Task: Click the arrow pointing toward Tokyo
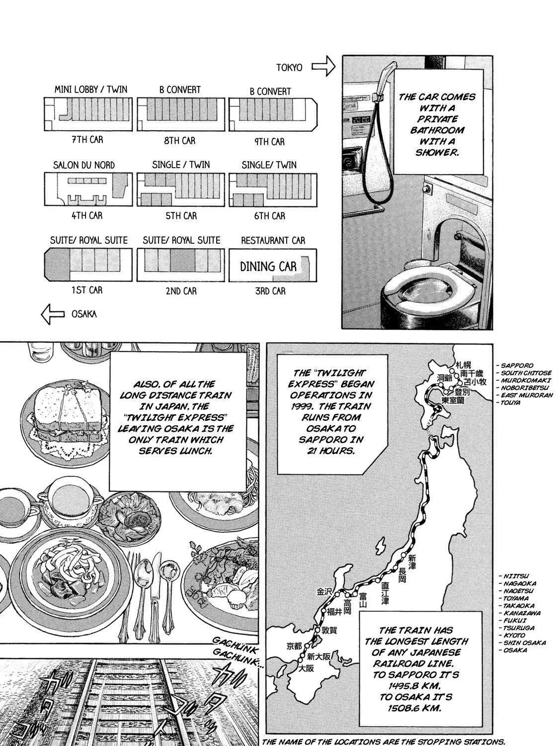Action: click(323, 66)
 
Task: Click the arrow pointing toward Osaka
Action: click(53, 314)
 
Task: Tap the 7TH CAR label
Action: click(87, 140)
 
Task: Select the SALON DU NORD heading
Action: click(84, 165)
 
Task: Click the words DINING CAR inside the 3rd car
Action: click(268, 267)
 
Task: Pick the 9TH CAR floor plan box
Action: click(273, 114)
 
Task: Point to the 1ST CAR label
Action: click(87, 290)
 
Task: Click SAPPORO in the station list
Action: click(517, 366)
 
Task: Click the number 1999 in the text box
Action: click(302, 406)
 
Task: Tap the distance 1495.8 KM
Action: click(416, 686)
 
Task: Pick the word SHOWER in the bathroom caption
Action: click(437, 153)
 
